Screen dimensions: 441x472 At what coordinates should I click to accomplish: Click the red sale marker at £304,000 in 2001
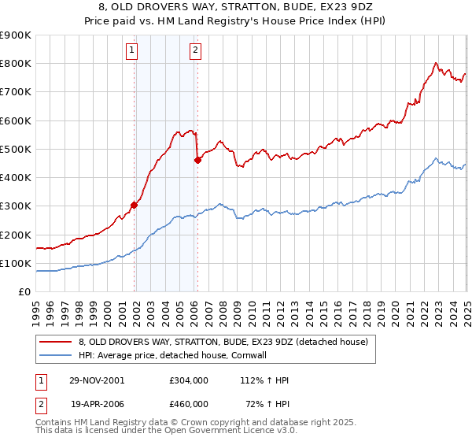tap(135, 205)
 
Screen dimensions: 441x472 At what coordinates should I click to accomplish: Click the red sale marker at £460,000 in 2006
tap(197, 161)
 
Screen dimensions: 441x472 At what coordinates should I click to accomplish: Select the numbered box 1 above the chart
tap(131, 52)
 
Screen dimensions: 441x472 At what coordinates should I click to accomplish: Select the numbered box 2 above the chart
tap(194, 52)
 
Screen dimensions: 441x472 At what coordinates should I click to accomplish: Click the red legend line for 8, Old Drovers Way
tap(56, 342)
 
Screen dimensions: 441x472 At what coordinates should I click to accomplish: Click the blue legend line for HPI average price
tap(56, 355)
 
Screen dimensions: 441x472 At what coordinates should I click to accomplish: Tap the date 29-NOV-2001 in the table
tap(98, 380)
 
